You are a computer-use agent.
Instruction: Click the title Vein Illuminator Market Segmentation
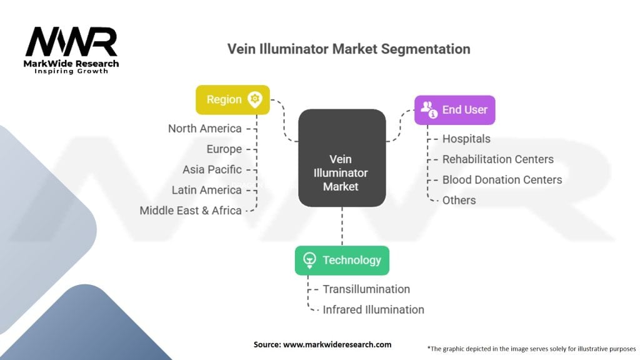(349, 49)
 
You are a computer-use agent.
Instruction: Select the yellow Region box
(232, 99)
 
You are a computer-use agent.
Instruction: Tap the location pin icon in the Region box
(254, 99)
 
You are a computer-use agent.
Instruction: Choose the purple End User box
(454, 110)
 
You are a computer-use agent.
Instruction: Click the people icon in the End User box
(429, 109)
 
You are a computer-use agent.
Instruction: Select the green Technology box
(342, 260)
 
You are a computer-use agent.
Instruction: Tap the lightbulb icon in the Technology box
(309, 260)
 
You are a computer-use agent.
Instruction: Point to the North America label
(204, 128)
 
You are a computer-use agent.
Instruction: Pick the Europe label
(224, 149)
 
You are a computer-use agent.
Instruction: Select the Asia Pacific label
(212, 169)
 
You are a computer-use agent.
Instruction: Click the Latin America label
(206, 190)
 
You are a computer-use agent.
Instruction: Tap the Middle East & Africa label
(191, 211)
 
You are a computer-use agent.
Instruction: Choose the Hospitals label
(466, 139)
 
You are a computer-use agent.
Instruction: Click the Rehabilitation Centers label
(497, 159)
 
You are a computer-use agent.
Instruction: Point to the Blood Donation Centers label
(502, 180)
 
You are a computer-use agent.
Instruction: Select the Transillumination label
(366, 289)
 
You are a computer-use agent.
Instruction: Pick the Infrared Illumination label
(373, 309)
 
